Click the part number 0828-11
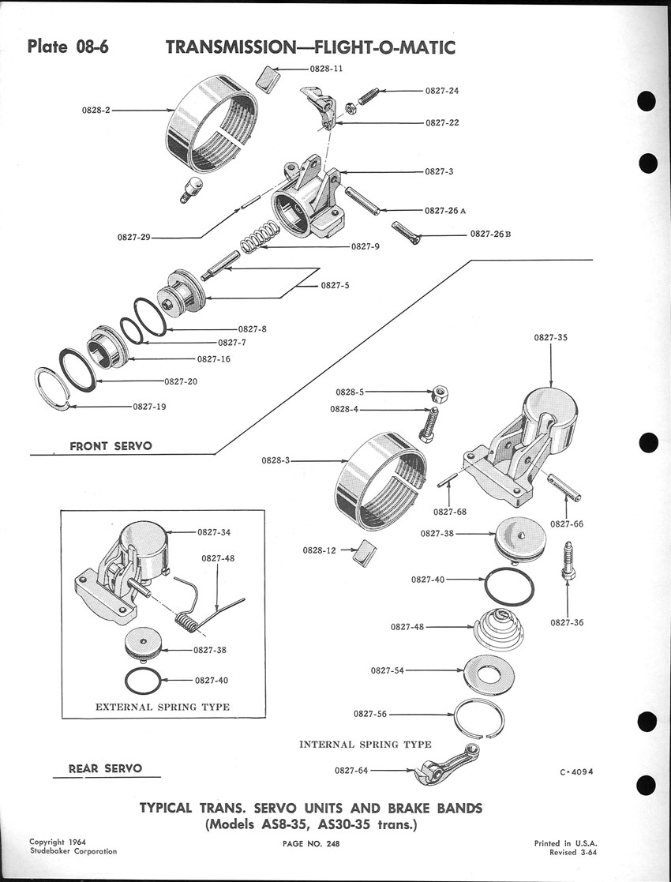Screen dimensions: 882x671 [x=326, y=69]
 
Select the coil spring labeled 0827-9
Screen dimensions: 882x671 [x=258, y=237]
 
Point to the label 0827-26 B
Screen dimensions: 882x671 [x=490, y=235]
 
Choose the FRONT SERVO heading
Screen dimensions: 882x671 [x=111, y=446]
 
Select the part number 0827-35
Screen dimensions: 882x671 [x=550, y=337]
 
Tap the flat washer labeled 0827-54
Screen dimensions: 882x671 [x=490, y=672]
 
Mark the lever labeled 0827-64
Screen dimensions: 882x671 [x=442, y=768]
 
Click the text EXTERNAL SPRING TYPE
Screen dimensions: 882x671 [x=163, y=707]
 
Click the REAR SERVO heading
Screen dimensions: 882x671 [x=106, y=768]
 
